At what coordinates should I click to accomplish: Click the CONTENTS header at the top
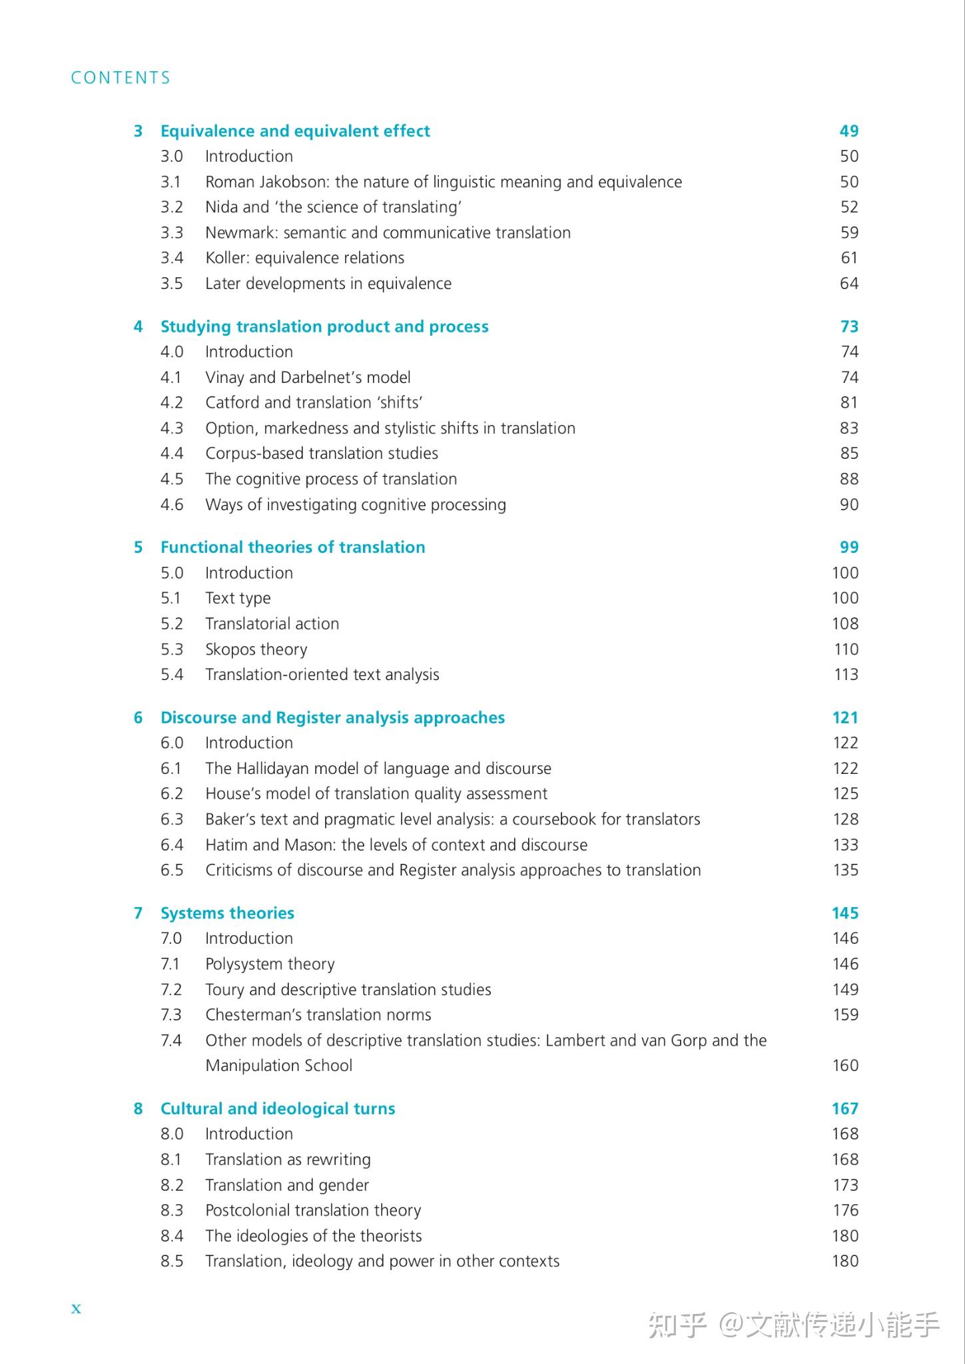pyautogui.click(x=121, y=78)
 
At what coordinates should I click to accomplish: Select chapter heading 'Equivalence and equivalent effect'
pyautogui.click(x=295, y=131)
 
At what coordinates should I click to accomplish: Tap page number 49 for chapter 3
pyautogui.click(x=848, y=131)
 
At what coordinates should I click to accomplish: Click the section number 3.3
pyautogui.click(x=172, y=232)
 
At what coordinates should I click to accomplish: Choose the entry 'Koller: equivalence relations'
pyautogui.click(x=304, y=258)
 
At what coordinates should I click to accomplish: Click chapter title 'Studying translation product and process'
pyautogui.click(x=324, y=326)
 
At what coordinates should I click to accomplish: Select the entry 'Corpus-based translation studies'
pyautogui.click(x=322, y=454)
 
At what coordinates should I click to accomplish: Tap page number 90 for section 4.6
pyautogui.click(x=848, y=505)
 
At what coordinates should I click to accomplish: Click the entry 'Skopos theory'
pyautogui.click(x=256, y=649)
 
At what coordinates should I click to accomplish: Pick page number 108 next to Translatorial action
pyautogui.click(x=845, y=624)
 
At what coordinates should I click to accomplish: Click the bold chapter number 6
pyautogui.click(x=138, y=718)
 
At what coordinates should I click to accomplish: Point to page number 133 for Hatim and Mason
pyautogui.click(x=845, y=845)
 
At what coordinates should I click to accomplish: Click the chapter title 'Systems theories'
pyautogui.click(x=227, y=913)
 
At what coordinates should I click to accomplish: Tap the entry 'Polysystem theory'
pyautogui.click(x=270, y=964)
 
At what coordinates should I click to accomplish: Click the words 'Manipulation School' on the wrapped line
pyautogui.click(x=278, y=1066)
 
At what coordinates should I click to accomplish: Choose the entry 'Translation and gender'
pyautogui.click(x=287, y=1186)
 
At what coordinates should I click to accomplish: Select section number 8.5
pyautogui.click(x=172, y=1261)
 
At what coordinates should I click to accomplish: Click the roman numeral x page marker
pyautogui.click(x=76, y=1309)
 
